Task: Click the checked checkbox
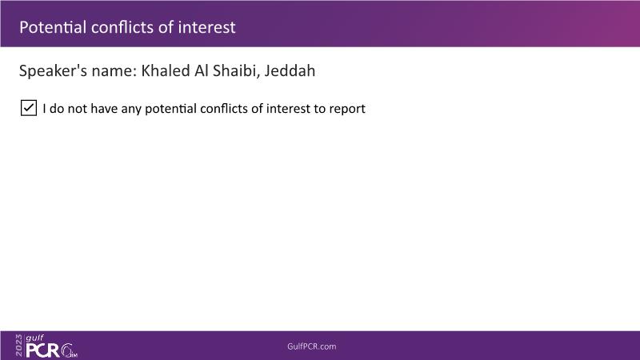[x=29, y=108]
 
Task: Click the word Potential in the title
[x=53, y=27]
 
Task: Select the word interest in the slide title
[x=206, y=27]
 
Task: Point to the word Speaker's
[x=53, y=70]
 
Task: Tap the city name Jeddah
[x=290, y=70]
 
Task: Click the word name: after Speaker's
[x=114, y=71]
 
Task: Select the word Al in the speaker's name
[x=202, y=70]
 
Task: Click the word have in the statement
[x=104, y=109]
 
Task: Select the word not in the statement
[x=77, y=109]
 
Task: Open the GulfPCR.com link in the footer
[x=312, y=346]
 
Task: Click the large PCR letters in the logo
[x=43, y=350]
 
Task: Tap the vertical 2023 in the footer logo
[x=18, y=346]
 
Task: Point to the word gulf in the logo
[x=34, y=338]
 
